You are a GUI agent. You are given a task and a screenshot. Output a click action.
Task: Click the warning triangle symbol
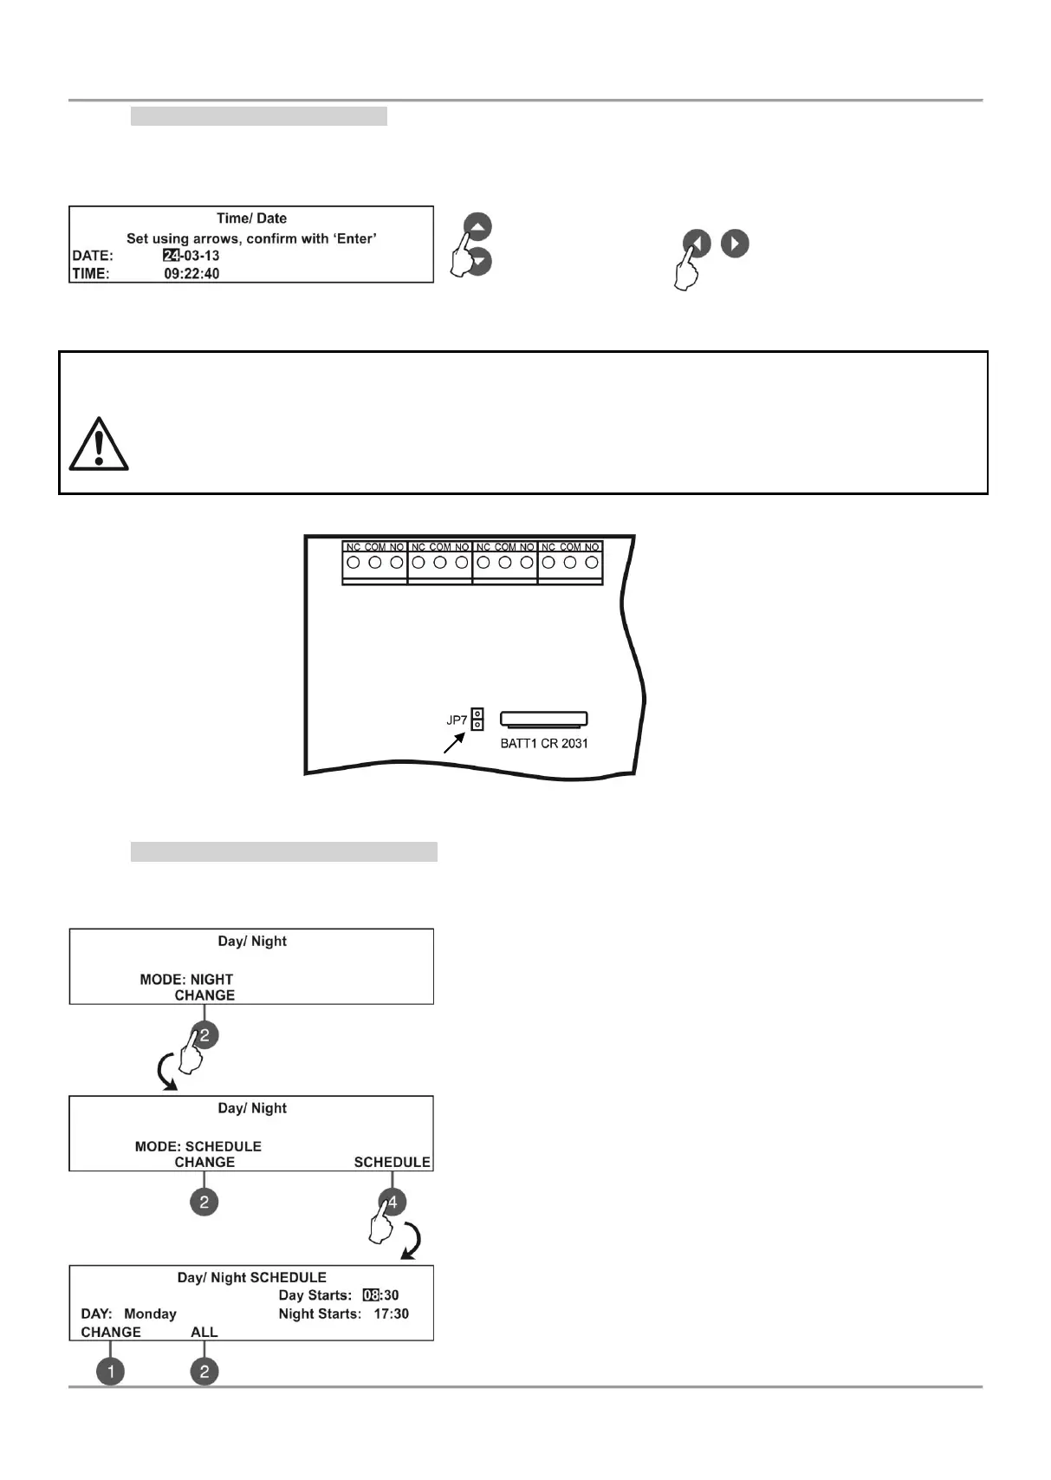(x=99, y=445)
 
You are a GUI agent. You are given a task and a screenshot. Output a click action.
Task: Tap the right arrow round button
(x=735, y=244)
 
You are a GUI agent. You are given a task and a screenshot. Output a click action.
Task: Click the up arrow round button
(x=477, y=226)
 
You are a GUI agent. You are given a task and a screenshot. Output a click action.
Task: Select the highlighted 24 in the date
(x=171, y=256)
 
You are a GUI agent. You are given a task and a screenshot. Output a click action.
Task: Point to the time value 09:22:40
(x=191, y=274)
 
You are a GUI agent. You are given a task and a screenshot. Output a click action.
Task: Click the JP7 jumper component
(x=477, y=720)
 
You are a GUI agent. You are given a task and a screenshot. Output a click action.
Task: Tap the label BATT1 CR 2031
(x=544, y=744)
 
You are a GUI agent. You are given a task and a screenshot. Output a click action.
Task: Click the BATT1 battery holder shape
(x=544, y=719)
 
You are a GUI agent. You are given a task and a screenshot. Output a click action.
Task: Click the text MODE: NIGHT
(x=186, y=980)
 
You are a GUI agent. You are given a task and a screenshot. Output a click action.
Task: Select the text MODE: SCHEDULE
(x=198, y=1146)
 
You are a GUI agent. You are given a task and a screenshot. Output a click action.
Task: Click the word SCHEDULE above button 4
(x=392, y=1163)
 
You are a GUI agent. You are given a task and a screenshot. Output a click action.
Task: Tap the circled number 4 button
(x=392, y=1202)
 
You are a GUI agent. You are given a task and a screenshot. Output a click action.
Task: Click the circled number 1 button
(x=110, y=1372)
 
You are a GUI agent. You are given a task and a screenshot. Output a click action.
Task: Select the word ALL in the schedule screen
(x=204, y=1333)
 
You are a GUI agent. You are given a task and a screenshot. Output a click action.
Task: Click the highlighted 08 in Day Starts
(x=371, y=1295)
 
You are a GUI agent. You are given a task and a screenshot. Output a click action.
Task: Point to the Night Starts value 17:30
(x=391, y=1314)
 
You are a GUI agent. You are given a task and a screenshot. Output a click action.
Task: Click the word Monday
(x=150, y=1314)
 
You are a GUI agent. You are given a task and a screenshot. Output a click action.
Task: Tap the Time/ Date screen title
(x=251, y=218)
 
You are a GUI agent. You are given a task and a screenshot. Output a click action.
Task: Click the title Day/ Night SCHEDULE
(x=251, y=1278)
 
